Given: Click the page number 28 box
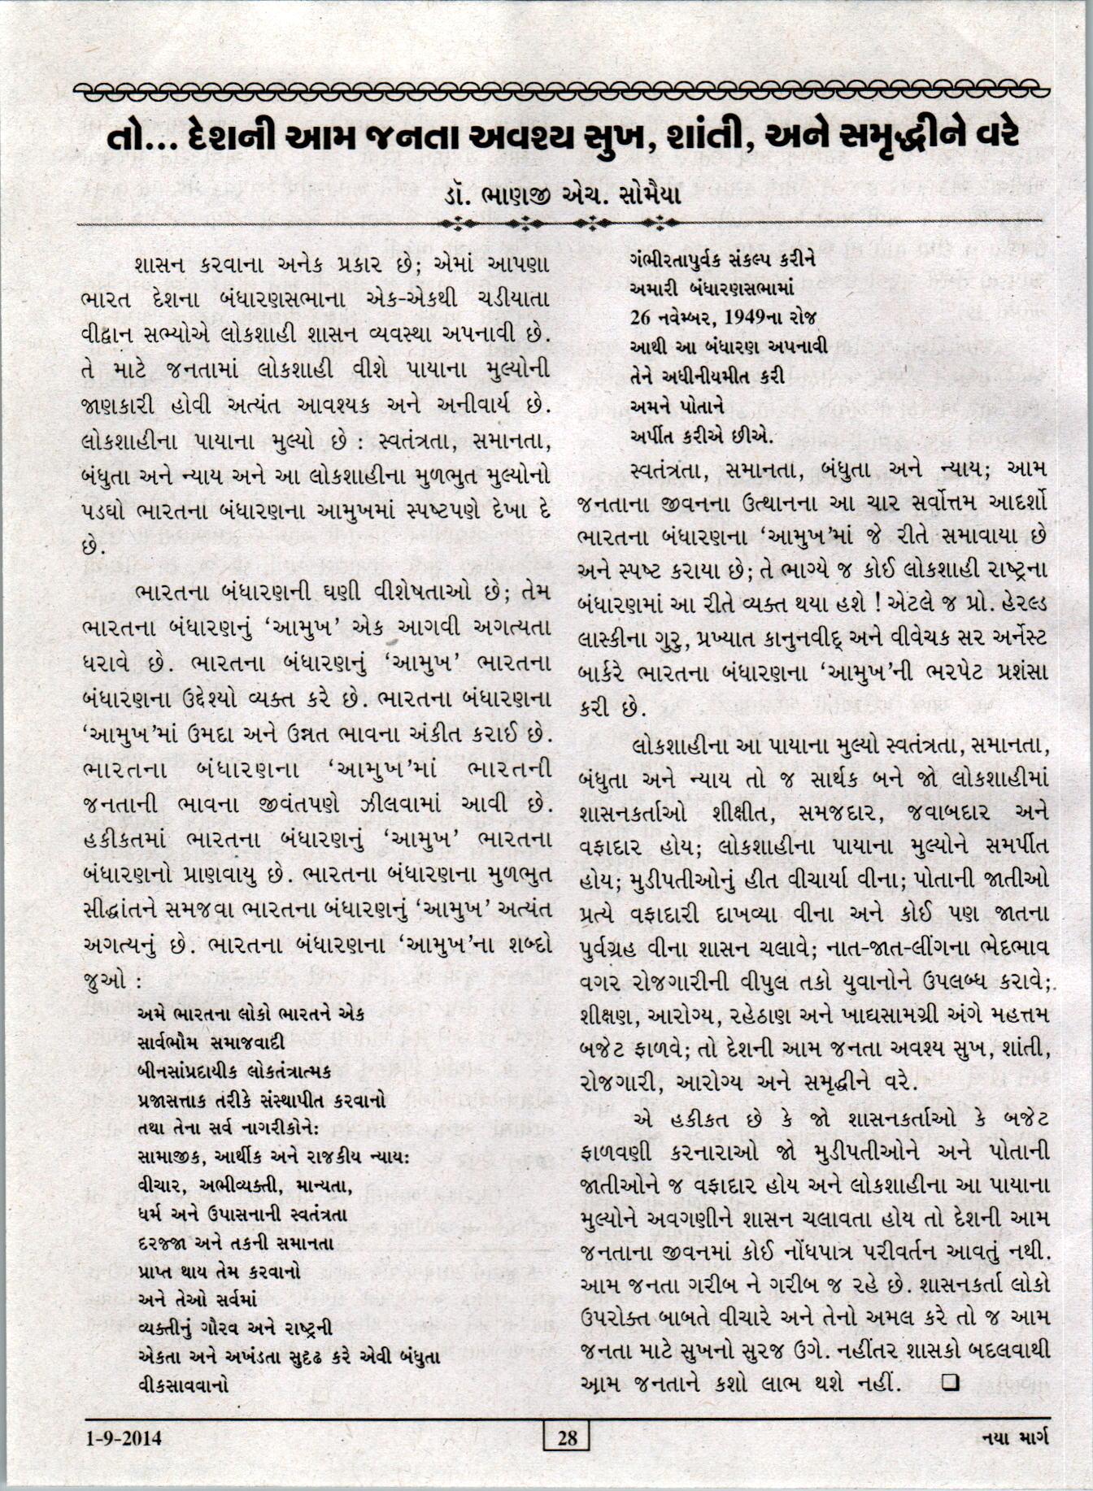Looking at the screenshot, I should pos(567,1438).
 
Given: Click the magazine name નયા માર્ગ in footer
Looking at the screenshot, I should pos(1016,1438).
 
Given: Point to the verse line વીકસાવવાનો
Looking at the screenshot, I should pos(183,1384).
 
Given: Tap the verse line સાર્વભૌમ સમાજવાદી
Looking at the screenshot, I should pos(211,1042).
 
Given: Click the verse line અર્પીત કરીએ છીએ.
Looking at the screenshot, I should pos(701,437).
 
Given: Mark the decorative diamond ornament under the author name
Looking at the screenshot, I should pos(560,221).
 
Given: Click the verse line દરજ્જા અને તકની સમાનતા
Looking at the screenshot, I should pos(236,1244).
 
